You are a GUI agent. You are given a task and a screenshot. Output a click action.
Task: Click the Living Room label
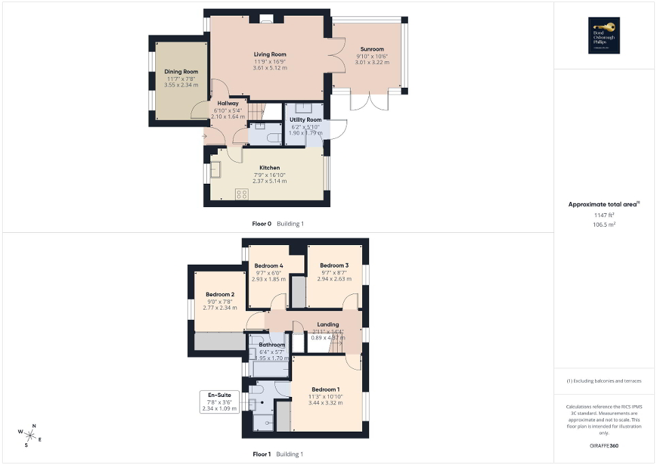[x=270, y=54]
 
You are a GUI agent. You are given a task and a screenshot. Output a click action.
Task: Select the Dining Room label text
[x=181, y=71]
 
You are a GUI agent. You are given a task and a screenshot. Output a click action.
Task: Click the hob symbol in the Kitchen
[x=241, y=194]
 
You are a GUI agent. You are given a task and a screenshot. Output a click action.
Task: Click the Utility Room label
[x=305, y=120]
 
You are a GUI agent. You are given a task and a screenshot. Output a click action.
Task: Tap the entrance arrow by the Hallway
[x=204, y=136]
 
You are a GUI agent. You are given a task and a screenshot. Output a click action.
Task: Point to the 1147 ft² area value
[x=601, y=214]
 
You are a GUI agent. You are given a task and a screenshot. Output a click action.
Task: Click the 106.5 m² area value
[x=601, y=223]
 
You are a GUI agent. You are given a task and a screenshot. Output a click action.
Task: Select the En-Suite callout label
[x=219, y=395]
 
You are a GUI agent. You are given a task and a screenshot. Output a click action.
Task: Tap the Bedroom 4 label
[x=269, y=266]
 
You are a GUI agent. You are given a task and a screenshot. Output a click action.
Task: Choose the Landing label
[x=328, y=325]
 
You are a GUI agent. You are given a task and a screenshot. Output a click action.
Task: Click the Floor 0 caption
[x=261, y=223]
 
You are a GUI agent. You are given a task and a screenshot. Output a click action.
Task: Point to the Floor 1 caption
[x=261, y=454]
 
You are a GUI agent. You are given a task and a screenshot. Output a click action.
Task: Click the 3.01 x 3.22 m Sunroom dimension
[x=372, y=62]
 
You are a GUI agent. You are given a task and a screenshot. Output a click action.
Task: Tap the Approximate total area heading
[x=603, y=204]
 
